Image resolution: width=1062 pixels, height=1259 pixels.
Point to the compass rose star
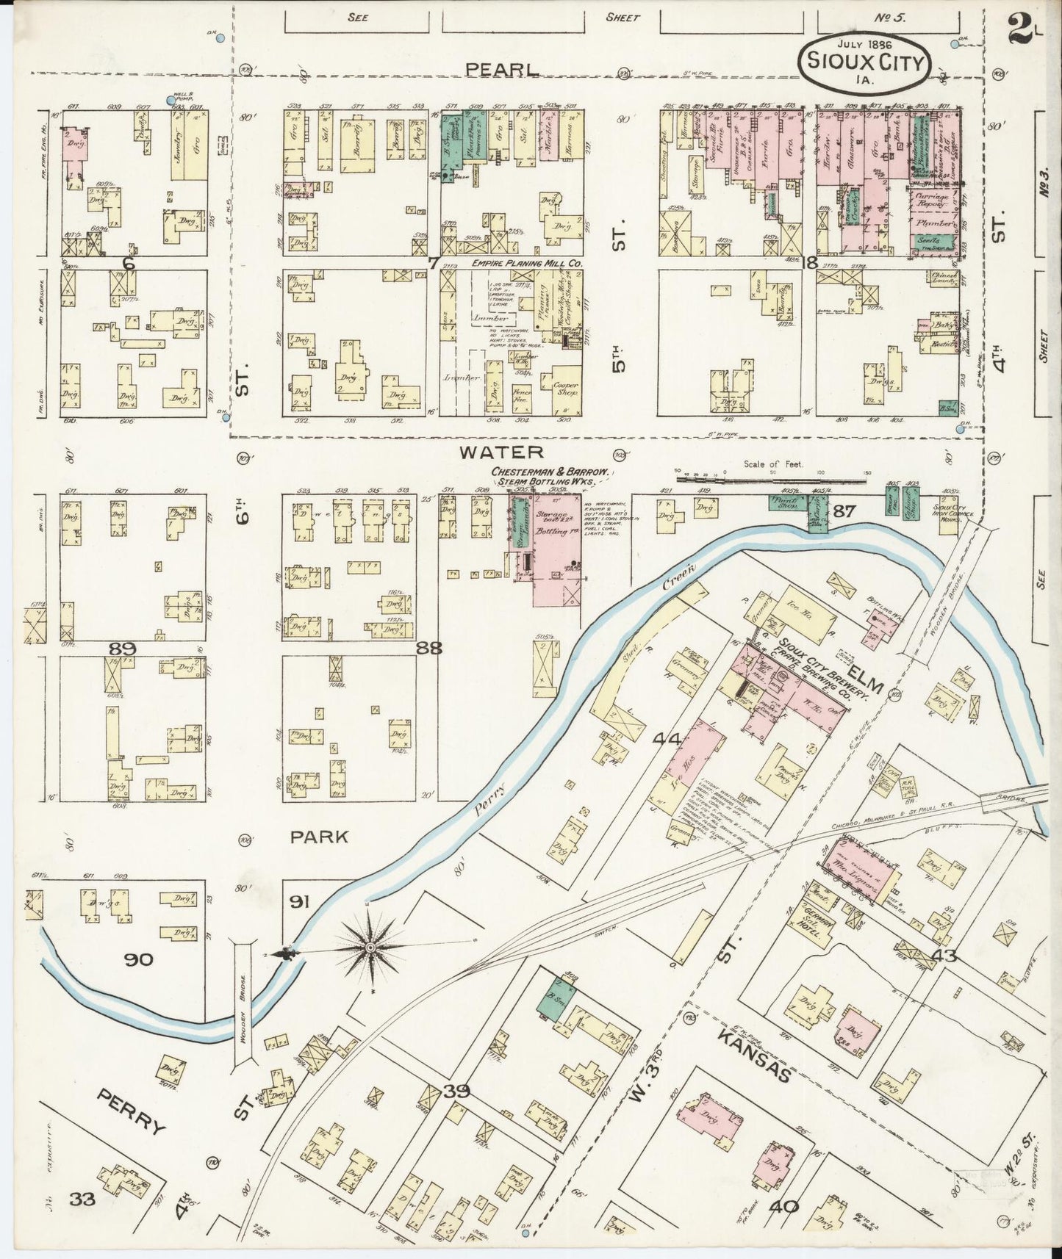372,948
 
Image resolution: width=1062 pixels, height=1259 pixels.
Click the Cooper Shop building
566,389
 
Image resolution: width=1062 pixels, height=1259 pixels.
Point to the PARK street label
318,837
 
